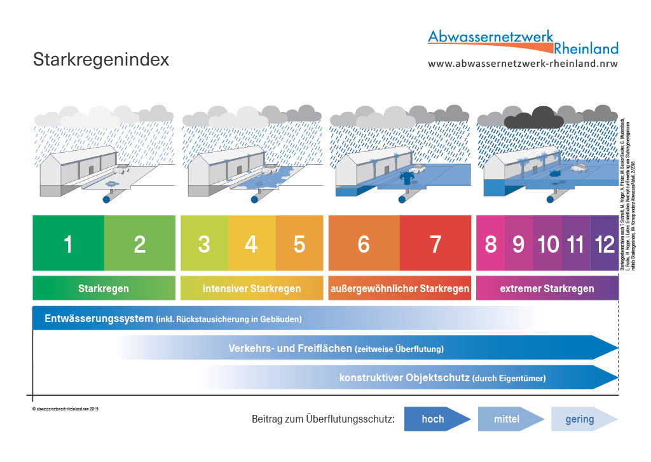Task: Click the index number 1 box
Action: pos(68,244)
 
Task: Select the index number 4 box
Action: pos(251,244)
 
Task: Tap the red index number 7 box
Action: pos(435,244)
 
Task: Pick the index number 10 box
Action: pos(547,244)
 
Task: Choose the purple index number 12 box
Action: pos(604,244)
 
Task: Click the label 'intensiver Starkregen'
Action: pos(252,288)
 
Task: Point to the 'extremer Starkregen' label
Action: pos(547,288)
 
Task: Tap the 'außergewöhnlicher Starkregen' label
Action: pos(400,288)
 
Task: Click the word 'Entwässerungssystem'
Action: pos(99,318)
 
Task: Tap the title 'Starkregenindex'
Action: pos(101,60)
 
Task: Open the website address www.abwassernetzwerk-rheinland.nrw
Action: pos(523,64)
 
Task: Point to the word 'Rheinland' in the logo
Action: pos(586,48)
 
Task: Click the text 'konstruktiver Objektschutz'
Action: pos(404,377)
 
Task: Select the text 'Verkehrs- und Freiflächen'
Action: pos(290,348)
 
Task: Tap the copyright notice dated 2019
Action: pos(65,408)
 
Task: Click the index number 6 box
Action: pos(364,244)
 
